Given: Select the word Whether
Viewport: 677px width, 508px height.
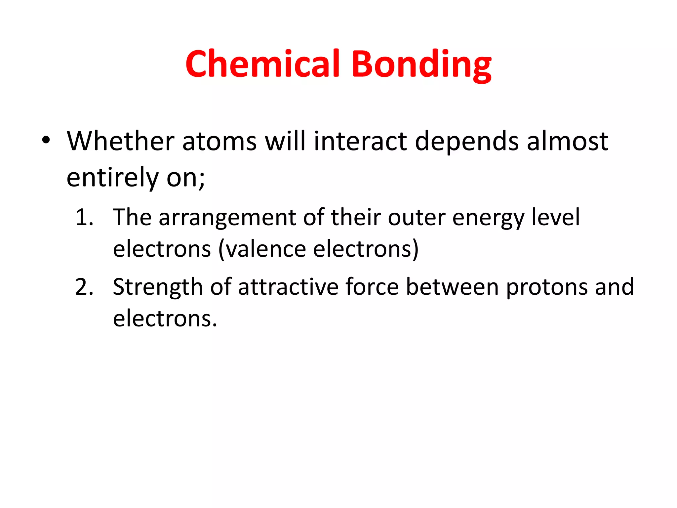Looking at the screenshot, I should point(120,141).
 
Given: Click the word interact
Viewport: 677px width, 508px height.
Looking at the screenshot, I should point(360,141).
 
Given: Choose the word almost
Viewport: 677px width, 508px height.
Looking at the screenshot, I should point(567,141).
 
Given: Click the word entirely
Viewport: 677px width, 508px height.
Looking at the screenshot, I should point(113,178).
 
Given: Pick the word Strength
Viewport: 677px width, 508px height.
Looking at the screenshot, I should point(158,287).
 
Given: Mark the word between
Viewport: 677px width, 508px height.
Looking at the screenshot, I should point(452,286).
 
